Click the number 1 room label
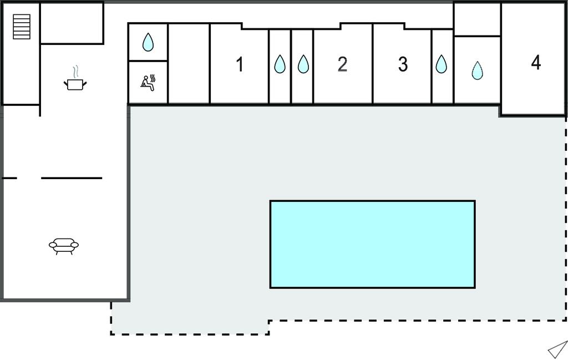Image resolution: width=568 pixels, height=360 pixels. coord(240,64)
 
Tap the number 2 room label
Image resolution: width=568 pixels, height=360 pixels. coord(342,64)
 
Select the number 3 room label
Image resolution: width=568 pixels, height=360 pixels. coord(403,64)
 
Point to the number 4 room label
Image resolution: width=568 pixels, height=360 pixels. coord(535,63)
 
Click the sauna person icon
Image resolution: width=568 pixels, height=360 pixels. coord(148,83)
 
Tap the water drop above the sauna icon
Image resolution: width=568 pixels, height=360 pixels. coord(148,42)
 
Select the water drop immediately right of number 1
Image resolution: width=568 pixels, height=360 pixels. coord(280,64)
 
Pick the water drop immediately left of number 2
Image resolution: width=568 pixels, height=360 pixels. coord(302,64)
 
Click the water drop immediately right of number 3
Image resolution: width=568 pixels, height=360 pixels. coord(441,64)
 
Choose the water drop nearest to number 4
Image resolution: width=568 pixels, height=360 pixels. coord(477,70)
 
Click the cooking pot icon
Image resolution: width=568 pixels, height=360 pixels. coord(75,84)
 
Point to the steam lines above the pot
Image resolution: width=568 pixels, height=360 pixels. coord(76,72)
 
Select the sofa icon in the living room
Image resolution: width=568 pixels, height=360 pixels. coord(64,245)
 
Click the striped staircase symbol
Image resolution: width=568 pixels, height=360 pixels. coord(22,27)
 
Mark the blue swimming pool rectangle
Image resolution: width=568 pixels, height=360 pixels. coord(372,244)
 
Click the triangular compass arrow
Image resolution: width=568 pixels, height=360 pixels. coord(557,349)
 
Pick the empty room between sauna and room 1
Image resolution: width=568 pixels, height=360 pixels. coord(189,64)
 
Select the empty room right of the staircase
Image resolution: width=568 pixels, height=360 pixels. coord(72,23)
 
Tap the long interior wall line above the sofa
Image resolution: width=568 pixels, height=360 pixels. coord(72,178)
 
